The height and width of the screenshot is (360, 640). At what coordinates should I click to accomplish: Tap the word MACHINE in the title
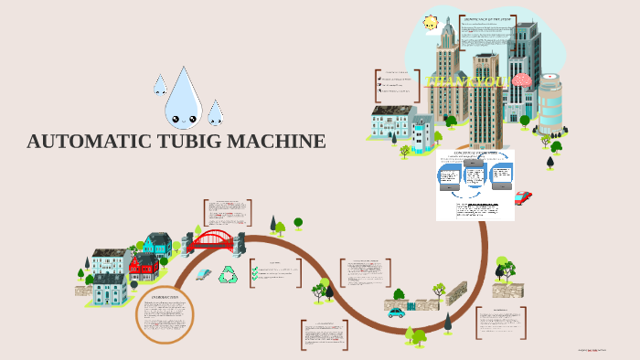274,142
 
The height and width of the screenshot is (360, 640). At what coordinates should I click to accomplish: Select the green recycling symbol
228,273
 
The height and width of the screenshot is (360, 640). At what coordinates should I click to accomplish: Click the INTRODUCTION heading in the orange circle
165,297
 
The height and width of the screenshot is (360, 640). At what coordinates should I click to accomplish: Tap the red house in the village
144,267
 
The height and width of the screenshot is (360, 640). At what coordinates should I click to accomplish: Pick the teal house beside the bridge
157,244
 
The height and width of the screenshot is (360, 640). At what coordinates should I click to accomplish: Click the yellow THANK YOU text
466,82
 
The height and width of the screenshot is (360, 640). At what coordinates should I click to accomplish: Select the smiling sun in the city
431,23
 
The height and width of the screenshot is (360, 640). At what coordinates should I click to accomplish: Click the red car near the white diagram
523,197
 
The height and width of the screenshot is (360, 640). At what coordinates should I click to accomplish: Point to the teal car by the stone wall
396,312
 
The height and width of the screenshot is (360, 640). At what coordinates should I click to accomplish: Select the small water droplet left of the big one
160,85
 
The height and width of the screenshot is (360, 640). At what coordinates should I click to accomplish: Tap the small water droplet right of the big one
215,113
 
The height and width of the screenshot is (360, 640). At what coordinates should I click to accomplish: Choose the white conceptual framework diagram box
475,185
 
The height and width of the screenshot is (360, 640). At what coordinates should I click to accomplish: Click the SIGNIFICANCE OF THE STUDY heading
485,18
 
